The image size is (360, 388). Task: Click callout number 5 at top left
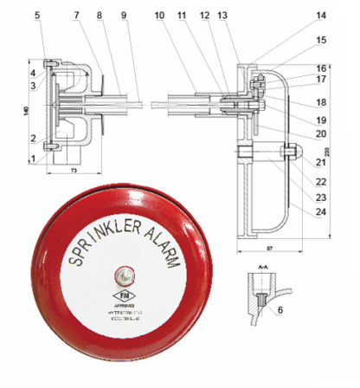37,15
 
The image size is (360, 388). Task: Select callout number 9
125,15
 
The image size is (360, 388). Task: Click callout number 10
160,15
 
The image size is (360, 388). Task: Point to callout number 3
32,85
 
